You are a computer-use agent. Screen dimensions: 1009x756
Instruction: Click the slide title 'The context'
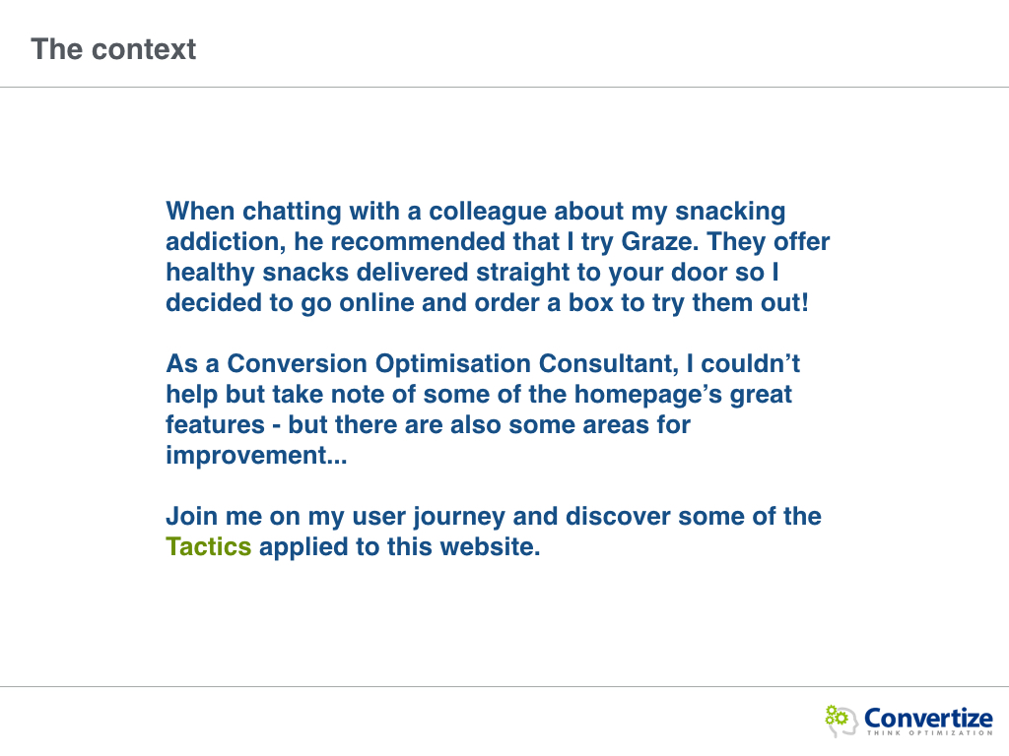tap(113, 49)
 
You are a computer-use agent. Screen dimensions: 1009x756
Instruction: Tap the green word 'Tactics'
tap(209, 547)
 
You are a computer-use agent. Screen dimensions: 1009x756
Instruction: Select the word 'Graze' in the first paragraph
tap(658, 242)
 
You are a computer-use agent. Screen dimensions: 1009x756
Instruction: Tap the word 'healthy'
tap(211, 273)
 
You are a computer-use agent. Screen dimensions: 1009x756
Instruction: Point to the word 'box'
tap(591, 303)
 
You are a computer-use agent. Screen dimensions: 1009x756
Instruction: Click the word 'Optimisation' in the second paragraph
tap(453, 364)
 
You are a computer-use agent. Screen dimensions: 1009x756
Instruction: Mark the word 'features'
tap(216, 425)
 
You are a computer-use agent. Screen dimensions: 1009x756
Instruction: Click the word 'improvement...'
tap(257, 456)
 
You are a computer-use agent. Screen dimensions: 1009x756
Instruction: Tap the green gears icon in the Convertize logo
tap(836, 716)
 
